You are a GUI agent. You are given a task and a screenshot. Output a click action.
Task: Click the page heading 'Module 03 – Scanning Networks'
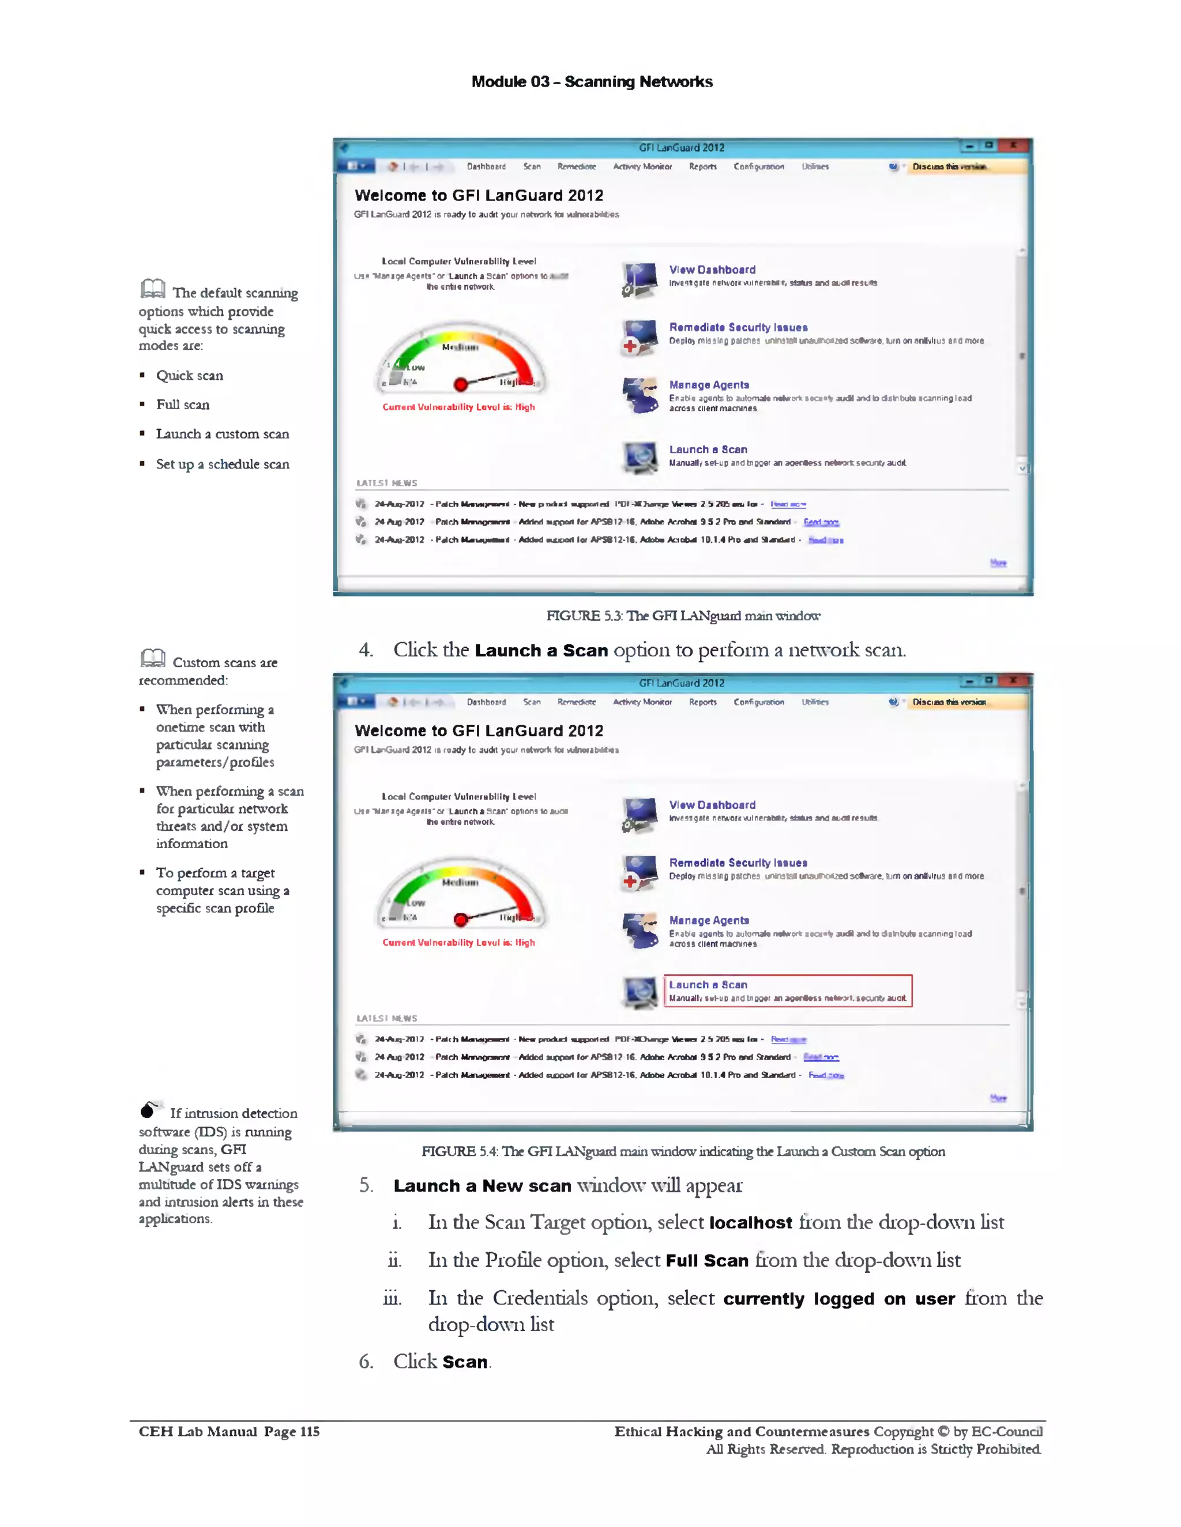click(592, 82)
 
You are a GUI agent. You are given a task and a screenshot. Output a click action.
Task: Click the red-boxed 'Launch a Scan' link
click(708, 984)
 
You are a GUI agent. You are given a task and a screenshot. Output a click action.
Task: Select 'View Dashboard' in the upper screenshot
click(712, 270)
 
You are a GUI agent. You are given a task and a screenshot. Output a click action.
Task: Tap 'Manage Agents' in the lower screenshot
click(709, 920)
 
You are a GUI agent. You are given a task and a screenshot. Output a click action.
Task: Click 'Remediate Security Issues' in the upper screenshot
click(738, 327)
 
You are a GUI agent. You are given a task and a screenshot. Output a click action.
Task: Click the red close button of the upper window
click(1013, 145)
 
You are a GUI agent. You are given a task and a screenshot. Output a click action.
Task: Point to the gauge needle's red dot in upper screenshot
click(460, 384)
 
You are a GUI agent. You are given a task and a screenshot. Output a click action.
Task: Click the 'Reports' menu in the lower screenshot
click(702, 702)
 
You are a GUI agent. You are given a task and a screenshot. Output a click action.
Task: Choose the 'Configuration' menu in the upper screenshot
click(758, 167)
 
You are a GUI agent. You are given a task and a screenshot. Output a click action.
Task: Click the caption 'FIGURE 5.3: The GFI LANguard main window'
click(683, 616)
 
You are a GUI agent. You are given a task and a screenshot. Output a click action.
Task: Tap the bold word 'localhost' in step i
click(751, 1223)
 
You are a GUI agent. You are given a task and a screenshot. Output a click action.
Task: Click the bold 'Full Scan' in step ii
click(708, 1261)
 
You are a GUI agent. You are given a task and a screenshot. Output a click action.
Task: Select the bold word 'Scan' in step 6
click(465, 1362)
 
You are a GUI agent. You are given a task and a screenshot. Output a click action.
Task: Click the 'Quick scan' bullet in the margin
click(190, 376)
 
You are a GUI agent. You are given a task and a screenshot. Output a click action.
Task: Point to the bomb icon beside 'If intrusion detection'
click(149, 1110)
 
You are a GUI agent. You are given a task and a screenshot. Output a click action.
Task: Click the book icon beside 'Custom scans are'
click(152, 658)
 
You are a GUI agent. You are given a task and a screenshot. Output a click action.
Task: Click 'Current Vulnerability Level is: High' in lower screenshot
click(458, 943)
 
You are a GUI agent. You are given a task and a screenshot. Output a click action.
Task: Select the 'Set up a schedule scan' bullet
click(223, 464)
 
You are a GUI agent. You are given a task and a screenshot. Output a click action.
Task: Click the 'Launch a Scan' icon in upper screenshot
click(640, 458)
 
